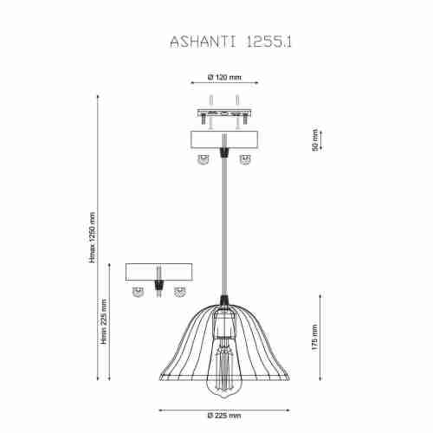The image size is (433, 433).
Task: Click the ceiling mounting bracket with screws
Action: pyautogui.click(x=224, y=113)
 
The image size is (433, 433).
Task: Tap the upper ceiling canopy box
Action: pyautogui.click(x=224, y=139)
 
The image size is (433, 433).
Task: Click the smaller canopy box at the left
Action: pyautogui.click(x=158, y=271)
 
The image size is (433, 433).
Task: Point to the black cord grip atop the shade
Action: pyautogui.click(x=225, y=301)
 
